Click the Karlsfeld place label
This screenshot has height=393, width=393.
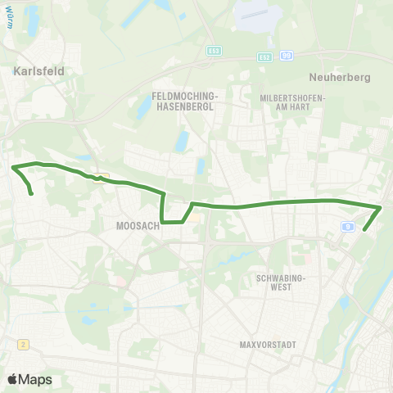pos(38,71)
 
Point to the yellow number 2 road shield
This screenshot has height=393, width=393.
pos(25,345)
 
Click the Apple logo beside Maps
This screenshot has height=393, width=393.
pos(13,379)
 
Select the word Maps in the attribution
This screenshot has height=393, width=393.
pos(35,379)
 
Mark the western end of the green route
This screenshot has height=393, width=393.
pos(31,194)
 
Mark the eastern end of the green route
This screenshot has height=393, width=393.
pos(364,231)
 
